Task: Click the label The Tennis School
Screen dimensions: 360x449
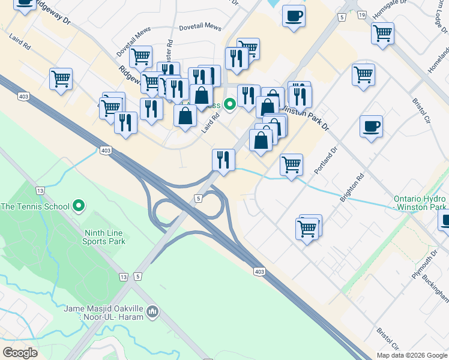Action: (x=36, y=206)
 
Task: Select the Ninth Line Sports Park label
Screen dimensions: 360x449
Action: (x=104, y=236)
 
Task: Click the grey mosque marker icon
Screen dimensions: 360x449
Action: (x=152, y=312)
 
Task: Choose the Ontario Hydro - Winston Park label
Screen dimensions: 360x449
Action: (x=420, y=203)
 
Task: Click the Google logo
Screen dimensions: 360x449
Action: (x=20, y=352)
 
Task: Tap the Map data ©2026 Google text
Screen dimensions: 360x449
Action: (x=412, y=355)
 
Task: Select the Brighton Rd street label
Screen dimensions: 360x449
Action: (x=352, y=188)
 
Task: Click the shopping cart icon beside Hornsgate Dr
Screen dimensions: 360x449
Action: (x=382, y=33)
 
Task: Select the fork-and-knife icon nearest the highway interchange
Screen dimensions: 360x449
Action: (x=223, y=160)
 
